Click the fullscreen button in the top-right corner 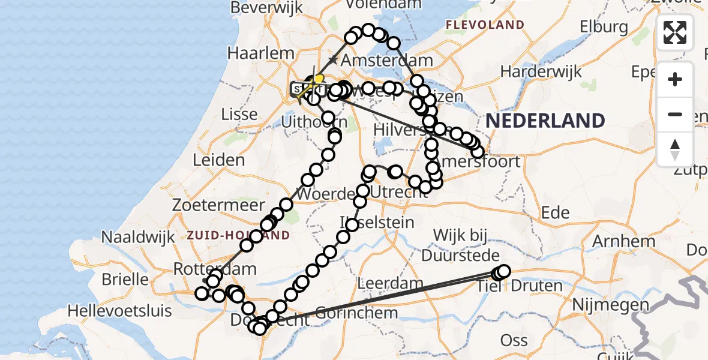(x=675, y=32)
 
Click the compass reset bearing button (x=675, y=149)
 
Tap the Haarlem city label (x=260, y=53)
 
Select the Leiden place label (x=218, y=160)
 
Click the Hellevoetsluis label (x=120, y=311)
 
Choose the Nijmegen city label (x=611, y=305)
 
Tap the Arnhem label (x=623, y=241)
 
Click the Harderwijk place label (x=541, y=71)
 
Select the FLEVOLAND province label (x=485, y=25)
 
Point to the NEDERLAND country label (x=545, y=121)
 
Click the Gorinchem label (x=356, y=313)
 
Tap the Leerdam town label (x=386, y=282)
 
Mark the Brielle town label (x=125, y=279)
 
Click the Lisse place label (x=240, y=114)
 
